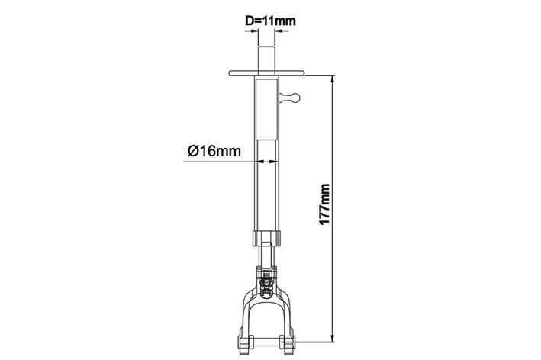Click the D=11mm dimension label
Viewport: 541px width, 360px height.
click(270, 21)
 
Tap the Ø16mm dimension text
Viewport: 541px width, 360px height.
click(214, 151)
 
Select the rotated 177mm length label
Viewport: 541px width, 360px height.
click(324, 204)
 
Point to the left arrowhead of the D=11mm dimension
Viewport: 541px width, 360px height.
click(254, 31)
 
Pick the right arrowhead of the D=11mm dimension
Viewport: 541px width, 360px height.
click(279, 31)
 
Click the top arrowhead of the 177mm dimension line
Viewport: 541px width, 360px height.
click(333, 79)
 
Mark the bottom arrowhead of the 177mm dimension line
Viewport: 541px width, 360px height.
click(333, 338)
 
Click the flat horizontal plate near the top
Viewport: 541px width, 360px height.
click(267, 72)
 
